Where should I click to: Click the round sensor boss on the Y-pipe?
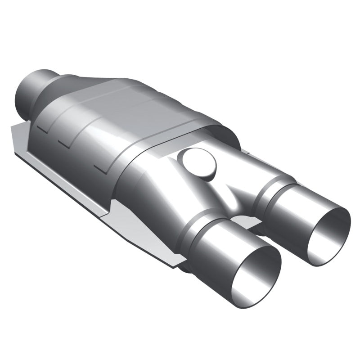pyautogui.click(x=198, y=163)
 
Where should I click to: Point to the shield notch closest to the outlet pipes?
pyautogui.click(x=101, y=169)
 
